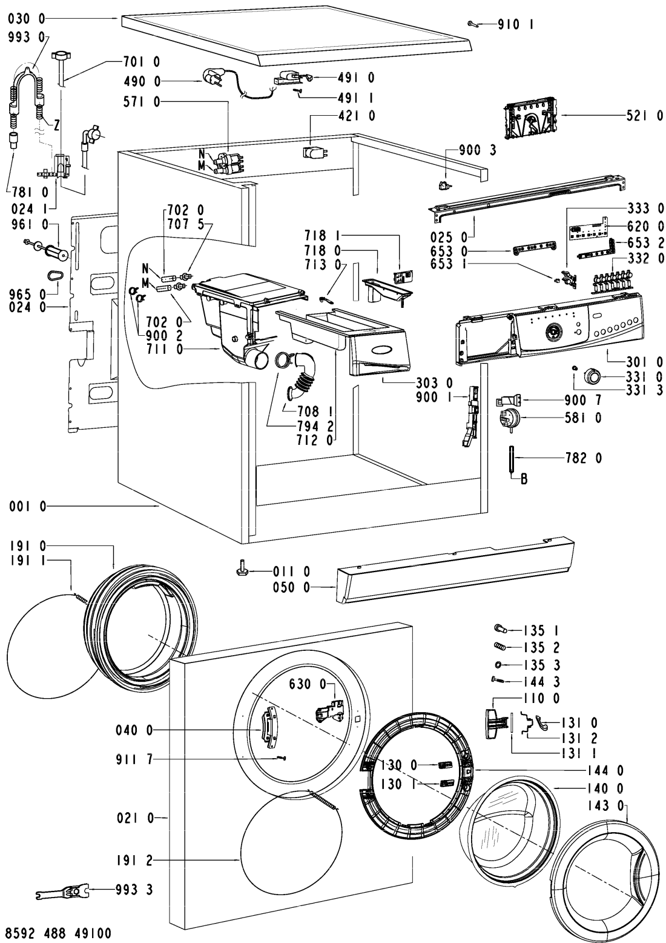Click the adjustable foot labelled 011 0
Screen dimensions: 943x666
[241, 570]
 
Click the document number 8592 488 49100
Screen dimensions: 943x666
[59, 931]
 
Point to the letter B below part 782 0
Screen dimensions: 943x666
[524, 479]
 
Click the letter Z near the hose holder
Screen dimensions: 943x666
[56, 125]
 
